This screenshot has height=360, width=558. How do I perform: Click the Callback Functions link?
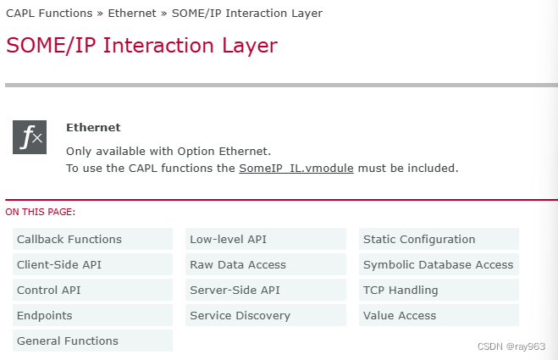(69, 240)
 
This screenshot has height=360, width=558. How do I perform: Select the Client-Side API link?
(59, 265)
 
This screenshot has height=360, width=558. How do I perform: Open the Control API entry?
(49, 291)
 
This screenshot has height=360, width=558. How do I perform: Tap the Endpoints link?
(45, 316)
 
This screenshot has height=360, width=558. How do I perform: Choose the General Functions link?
(68, 341)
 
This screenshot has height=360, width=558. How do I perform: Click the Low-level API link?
(229, 240)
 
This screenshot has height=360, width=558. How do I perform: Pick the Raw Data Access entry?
(238, 265)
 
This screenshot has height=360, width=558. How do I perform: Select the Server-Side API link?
(235, 291)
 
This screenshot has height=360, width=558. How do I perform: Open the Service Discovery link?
(240, 316)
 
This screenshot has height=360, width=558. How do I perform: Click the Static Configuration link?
(419, 240)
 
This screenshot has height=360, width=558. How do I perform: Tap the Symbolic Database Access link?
(439, 265)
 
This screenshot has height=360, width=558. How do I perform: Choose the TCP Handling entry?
(401, 291)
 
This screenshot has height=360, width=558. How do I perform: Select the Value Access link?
(400, 316)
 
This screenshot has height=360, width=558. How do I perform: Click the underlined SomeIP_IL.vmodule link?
(296, 169)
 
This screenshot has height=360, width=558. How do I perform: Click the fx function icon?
(29, 137)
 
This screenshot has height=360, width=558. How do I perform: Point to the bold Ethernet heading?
(93, 128)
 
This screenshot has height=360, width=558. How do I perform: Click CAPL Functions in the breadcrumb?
(52, 14)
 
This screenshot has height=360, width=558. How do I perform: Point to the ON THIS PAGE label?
(41, 212)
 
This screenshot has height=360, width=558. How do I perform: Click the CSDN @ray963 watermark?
(511, 347)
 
